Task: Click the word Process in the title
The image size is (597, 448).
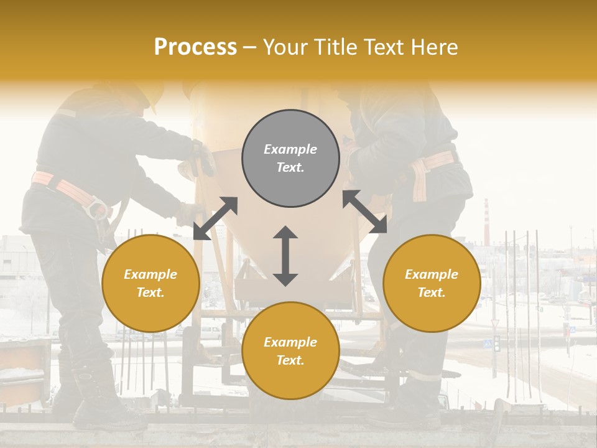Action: pos(195,47)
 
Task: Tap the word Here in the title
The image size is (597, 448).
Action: pos(434,47)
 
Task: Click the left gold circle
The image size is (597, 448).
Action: pos(150,283)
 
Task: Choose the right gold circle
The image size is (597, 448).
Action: pos(432,283)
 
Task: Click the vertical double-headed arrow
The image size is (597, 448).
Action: pos(285,256)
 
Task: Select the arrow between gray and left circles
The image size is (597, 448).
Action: pos(215,218)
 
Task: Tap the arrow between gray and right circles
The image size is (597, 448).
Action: pos(364,212)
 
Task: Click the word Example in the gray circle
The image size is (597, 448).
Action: pos(290,149)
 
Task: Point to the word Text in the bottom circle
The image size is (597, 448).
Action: pos(290,360)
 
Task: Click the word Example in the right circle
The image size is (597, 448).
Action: pos(432,274)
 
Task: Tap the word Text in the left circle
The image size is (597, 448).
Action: pos(150,292)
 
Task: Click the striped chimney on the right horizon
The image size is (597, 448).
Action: pos(486,221)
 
